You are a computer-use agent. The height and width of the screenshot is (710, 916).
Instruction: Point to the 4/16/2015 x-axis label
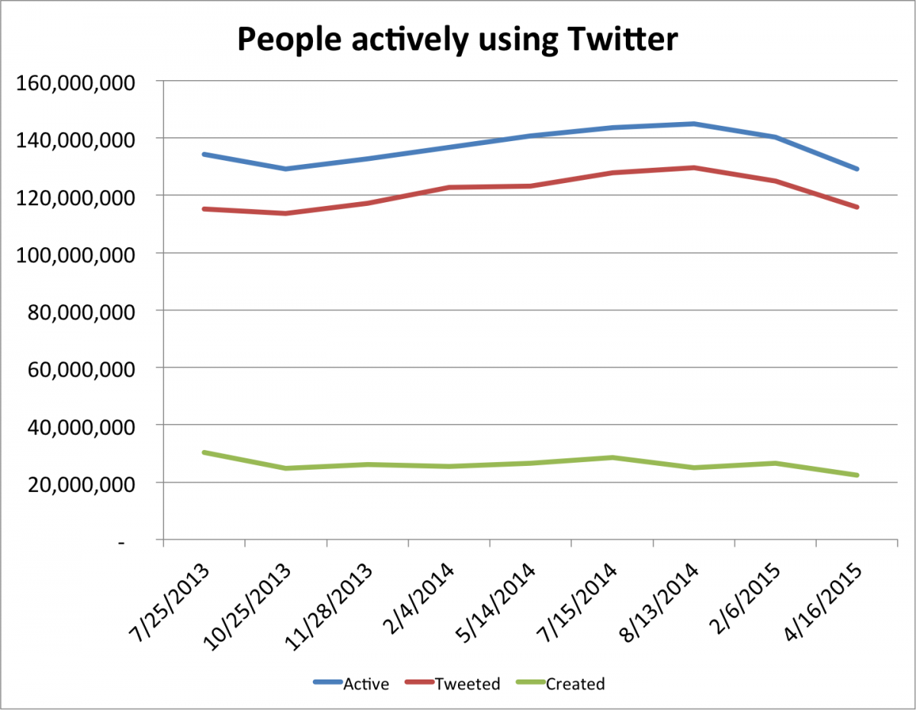[826, 602]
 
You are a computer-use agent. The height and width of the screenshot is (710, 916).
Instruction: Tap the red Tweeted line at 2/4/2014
[449, 187]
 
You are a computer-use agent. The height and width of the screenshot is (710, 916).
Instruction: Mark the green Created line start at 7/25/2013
[204, 452]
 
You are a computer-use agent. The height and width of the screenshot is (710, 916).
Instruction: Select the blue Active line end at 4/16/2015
[857, 169]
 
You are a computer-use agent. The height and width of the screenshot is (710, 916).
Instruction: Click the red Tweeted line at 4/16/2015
[857, 207]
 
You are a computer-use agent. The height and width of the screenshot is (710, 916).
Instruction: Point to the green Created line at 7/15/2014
[612, 458]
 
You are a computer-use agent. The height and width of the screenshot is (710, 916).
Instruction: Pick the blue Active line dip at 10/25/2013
[285, 169]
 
